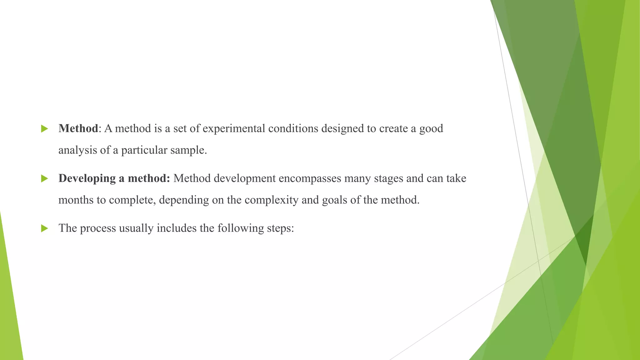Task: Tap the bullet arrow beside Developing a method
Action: pos(44,178)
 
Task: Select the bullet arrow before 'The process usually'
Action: pos(44,228)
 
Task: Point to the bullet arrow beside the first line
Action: pos(44,128)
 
